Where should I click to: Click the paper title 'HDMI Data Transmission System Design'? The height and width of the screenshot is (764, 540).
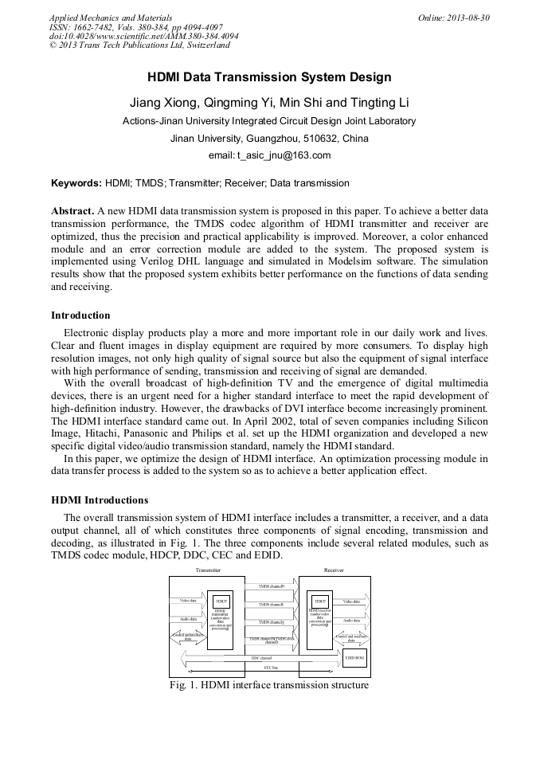click(x=269, y=77)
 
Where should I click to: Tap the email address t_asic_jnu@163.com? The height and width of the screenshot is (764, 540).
click(x=269, y=155)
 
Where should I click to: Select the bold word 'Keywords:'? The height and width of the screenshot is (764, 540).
click(x=76, y=183)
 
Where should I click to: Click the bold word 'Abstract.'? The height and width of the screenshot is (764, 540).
click(x=72, y=211)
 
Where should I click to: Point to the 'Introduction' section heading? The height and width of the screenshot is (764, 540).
click(x=80, y=315)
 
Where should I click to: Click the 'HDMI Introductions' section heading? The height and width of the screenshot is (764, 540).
click(x=100, y=500)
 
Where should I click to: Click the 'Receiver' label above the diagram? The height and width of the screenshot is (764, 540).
click(x=333, y=570)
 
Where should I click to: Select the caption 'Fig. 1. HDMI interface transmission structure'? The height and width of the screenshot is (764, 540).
click(x=269, y=685)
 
